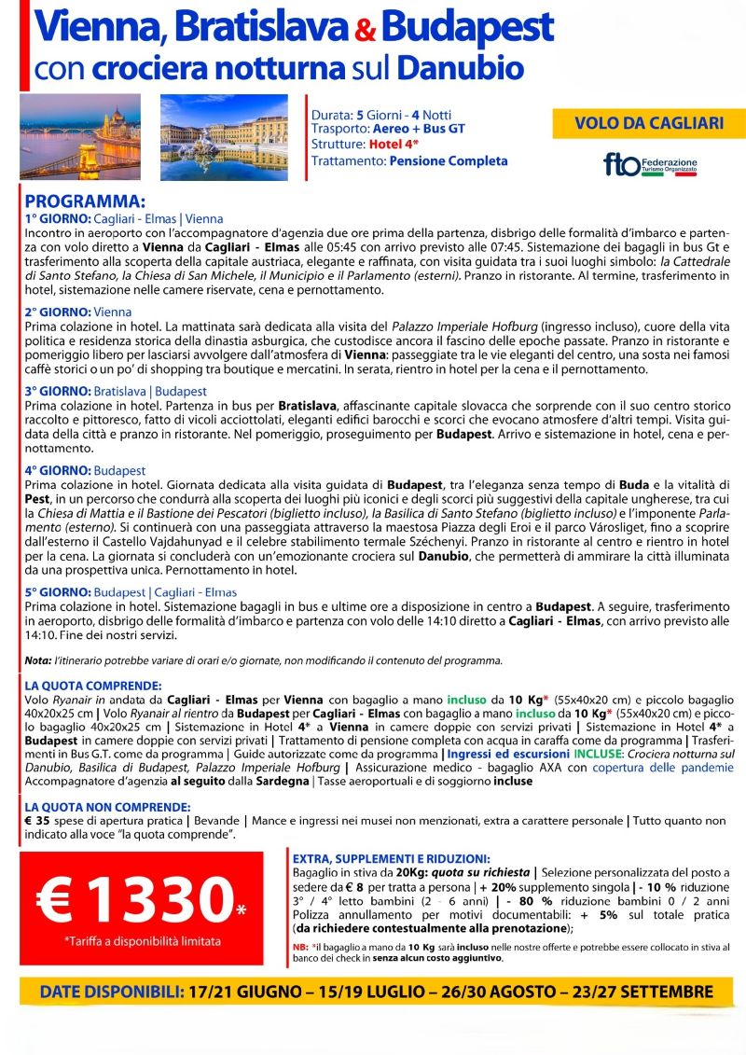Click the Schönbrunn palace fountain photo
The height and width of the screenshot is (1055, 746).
(224, 136)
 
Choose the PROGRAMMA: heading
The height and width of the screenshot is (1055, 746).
(85, 201)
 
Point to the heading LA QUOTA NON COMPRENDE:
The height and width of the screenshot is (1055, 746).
(110, 805)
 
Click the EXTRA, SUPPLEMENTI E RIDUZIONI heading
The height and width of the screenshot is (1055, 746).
(392, 858)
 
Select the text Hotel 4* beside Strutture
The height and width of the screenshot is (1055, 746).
(393, 145)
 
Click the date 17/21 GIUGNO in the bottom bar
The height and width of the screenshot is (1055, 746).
(252, 989)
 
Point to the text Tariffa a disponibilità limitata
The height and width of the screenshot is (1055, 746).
(131, 942)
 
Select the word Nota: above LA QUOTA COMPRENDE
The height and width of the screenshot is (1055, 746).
(38, 660)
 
